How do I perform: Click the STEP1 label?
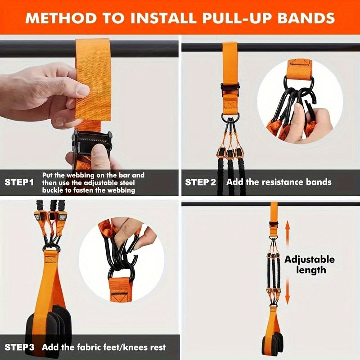point(19,182)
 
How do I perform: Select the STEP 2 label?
point(201,182)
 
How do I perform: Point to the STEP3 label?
point(19,347)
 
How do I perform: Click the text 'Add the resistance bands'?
point(279,182)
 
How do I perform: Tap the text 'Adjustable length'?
point(309,265)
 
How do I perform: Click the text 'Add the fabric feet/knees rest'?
point(104,347)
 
